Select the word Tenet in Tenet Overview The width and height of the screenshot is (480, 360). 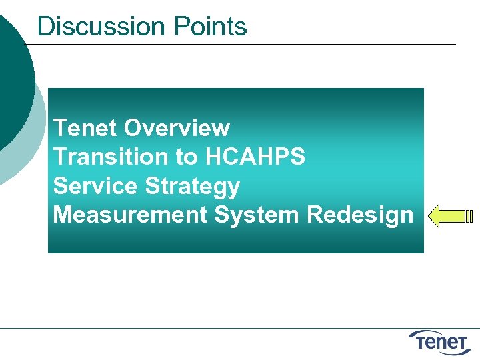[x=85, y=127]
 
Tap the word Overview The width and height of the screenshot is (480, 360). [x=177, y=127]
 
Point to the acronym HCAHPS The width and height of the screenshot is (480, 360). [x=255, y=157]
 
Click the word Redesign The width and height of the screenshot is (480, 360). [x=360, y=215]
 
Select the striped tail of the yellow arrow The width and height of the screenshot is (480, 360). [x=469, y=217]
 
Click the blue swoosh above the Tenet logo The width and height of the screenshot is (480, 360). [x=433, y=332]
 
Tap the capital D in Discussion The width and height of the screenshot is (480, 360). [x=46, y=27]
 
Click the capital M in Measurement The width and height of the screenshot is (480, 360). [x=63, y=215]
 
